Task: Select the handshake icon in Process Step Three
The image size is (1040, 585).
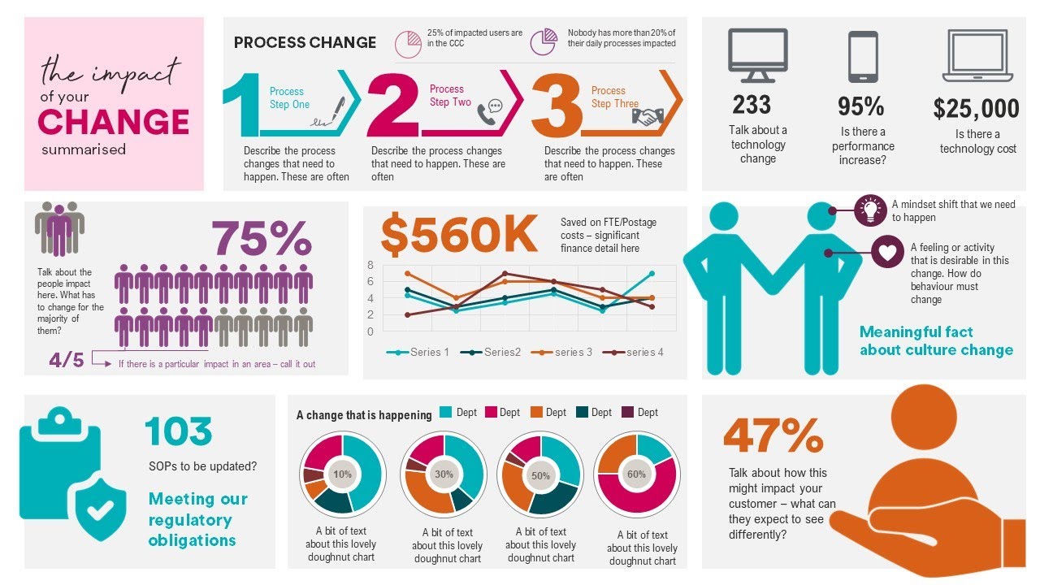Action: (648, 116)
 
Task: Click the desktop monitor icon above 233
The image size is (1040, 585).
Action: (757, 55)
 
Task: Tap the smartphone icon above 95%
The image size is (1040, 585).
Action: (863, 57)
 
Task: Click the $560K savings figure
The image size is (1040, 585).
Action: (459, 236)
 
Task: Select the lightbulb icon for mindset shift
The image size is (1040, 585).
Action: (870, 210)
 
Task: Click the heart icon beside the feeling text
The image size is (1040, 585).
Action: (887, 253)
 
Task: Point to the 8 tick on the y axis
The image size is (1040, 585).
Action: (370, 265)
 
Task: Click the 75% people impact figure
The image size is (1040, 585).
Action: (262, 239)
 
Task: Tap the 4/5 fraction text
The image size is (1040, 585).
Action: (67, 360)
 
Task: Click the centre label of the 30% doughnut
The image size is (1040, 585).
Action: (444, 474)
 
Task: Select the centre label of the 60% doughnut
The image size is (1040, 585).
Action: (636, 474)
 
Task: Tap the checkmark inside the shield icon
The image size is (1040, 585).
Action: (102, 509)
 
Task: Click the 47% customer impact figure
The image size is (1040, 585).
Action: (773, 436)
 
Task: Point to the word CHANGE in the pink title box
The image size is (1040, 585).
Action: (114, 122)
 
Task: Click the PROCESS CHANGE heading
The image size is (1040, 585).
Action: (305, 42)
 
